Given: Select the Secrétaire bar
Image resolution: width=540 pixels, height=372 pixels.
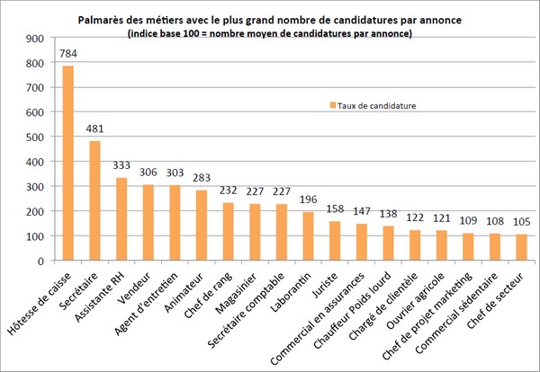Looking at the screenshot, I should (94, 201).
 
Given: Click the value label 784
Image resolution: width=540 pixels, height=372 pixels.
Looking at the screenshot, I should (68, 54).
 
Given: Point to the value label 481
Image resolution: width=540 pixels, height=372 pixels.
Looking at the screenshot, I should (94, 129).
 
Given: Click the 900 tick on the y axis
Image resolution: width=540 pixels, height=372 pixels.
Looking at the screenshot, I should (33, 39).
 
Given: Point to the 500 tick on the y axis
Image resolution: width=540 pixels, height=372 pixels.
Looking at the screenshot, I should (33, 137).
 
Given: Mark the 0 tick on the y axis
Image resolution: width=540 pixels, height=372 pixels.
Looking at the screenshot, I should (40, 261).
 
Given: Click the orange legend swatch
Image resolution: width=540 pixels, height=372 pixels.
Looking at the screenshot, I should (330, 105).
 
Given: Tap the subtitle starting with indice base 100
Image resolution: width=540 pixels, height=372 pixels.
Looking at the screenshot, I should (270, 33).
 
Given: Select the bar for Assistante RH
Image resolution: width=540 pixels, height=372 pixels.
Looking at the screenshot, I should (121, 219).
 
